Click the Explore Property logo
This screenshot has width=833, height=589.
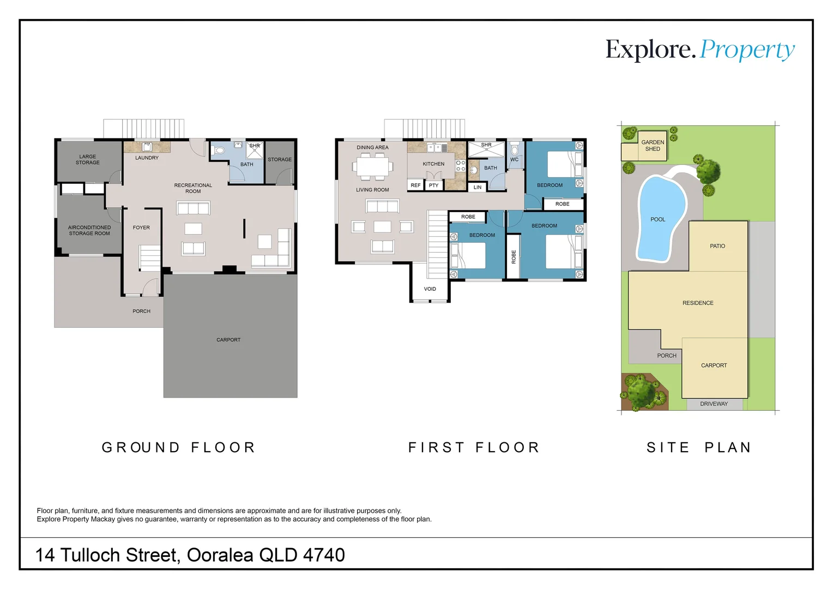coord(700,50)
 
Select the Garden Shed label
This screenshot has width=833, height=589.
coord(653,146)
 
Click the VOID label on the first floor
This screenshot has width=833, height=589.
coord(430,289)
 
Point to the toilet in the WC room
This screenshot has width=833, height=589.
coord(515,149)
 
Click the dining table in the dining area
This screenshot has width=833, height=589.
coord(372,166)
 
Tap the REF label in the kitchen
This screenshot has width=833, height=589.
coord(415,185)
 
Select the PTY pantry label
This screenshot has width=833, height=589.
coord(433,185)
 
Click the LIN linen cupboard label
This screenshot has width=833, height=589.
coord(478,187)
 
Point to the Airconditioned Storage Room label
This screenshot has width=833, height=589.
coord(89,230)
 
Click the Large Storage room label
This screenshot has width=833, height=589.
coord(88,159)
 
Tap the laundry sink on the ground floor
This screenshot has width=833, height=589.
coord(147,147)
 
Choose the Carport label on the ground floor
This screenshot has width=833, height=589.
coord(228,340)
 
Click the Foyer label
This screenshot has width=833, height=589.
coord(141,227)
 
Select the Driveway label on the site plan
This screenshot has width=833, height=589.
coord(714,404)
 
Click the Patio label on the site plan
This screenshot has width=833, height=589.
coord(717,246)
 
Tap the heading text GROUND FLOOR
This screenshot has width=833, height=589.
coord(178,447)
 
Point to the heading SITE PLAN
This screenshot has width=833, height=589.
coord(699,447)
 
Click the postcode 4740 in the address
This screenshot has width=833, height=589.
coord(324,555)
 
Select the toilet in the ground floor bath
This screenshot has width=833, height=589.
coord(219,151)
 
